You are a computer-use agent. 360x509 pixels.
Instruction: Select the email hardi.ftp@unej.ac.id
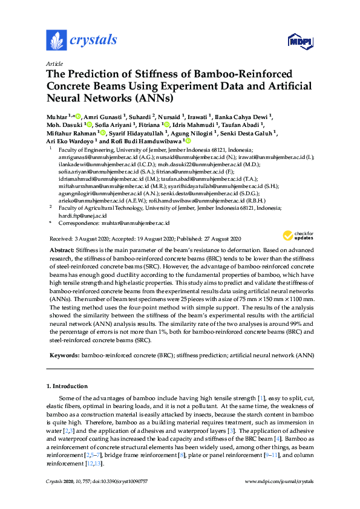click(74, 215)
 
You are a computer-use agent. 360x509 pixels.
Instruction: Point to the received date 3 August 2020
click(93, 238)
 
